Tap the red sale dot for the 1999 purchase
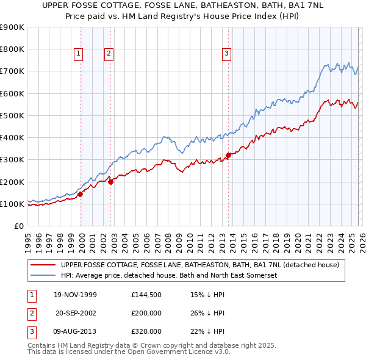click(x=81, y=195)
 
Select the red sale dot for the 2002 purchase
click(x=111, y=181)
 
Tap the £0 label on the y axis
click(x=18, y=226)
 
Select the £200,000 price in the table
click(x=146, y=314)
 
